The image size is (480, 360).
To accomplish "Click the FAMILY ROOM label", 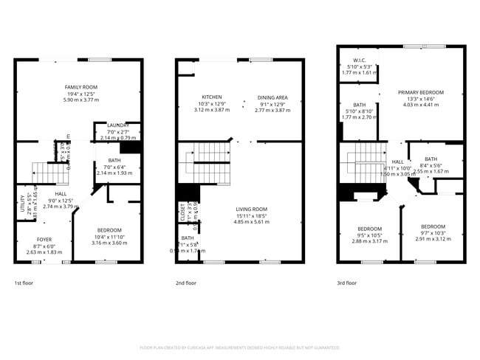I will click(x=80, y=87).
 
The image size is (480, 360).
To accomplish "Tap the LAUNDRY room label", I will click(x=118, y=125).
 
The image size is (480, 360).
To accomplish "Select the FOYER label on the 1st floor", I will click(x=44, y=240).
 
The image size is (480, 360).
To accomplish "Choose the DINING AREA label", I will click(x=272, y=97).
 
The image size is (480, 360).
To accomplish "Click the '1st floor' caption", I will click(x=24, y=283).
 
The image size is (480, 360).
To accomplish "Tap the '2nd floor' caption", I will click(x=185, y=283).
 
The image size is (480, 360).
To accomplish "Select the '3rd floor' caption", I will click(x=346, y=283).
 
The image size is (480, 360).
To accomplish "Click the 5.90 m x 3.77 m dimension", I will click(x=80, y=100).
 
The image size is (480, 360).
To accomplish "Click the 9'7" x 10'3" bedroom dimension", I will click(x=433, y=233).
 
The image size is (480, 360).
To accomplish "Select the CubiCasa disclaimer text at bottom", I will click(x=239, y=347).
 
